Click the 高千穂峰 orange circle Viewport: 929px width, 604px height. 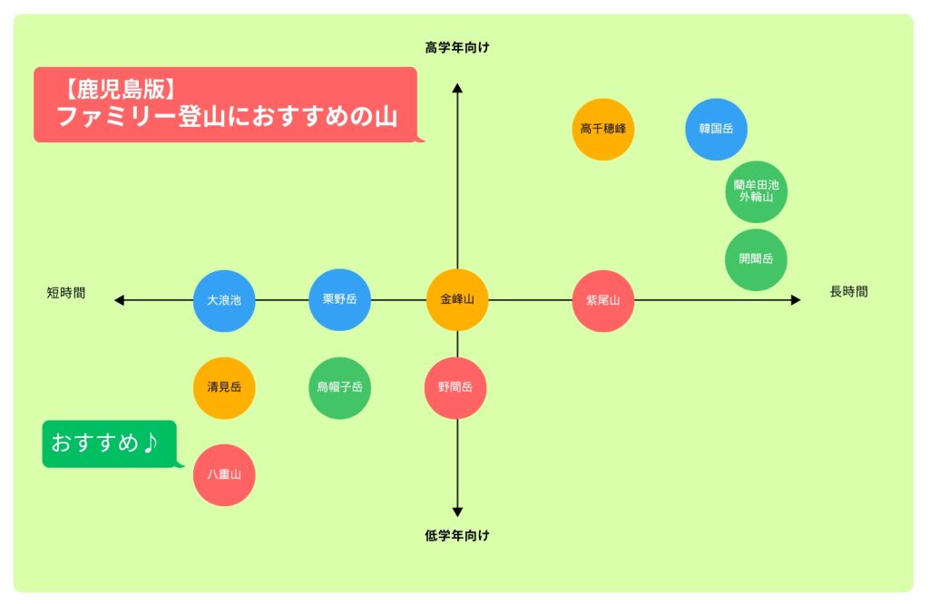point(603,129)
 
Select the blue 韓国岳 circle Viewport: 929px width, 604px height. point(716,129)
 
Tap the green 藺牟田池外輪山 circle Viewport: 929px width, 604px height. point(756,190)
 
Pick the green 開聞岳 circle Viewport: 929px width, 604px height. point(756,259)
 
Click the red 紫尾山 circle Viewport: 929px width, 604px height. point(603,300)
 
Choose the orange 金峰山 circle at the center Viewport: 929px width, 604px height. point(457,299)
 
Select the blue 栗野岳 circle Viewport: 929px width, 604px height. point(340,299)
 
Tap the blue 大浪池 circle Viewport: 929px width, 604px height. point(224,299)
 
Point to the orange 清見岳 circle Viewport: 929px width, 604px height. point(224,387)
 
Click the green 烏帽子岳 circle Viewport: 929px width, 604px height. point(340,387)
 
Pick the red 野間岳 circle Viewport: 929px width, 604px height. point(456,387)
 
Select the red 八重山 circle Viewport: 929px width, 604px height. point(224,474)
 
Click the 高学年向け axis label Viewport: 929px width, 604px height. point(457,47)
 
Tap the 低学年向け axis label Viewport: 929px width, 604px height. point(457,536)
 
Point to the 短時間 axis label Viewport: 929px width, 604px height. point(66,293)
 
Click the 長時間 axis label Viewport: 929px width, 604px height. point(848,292)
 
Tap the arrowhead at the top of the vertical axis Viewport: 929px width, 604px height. point(457,88)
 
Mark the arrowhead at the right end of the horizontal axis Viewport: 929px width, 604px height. point(796,299)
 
